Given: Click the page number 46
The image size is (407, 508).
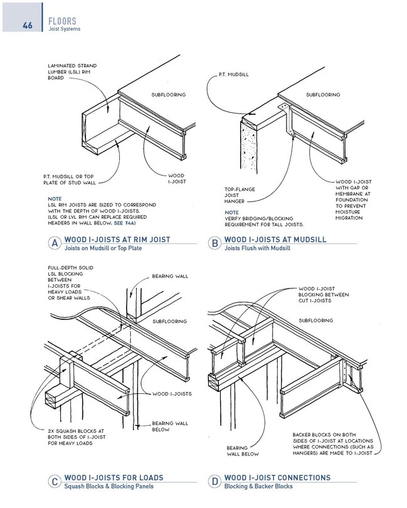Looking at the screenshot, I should tap(27, 25).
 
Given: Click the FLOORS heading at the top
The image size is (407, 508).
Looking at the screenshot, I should tap(63, 21).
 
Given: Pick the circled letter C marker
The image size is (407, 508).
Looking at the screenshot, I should tap(55, 482).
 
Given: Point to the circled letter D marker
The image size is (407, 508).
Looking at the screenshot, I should tap(214, 482).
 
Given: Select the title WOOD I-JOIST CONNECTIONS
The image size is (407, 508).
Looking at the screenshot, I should tap(277, 478).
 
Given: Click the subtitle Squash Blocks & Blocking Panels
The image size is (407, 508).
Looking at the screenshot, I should tap(109, 487).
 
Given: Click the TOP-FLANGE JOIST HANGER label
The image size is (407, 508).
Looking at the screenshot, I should tap(238, 194).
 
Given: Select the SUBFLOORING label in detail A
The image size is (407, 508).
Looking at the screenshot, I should tap(169, 95).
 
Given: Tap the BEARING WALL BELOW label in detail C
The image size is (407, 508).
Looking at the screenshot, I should tap(170, 426).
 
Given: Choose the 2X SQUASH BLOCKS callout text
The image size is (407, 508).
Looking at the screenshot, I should tap(70, 437).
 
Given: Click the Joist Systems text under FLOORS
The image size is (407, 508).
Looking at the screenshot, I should tap(65, 29).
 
